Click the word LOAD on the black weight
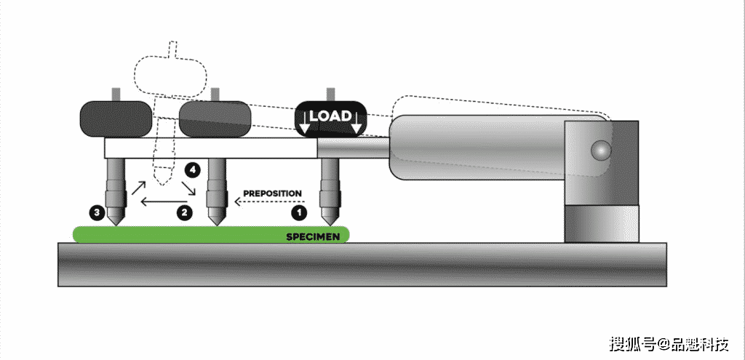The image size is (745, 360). click(x=331, y=116)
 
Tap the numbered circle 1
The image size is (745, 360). click(x=299, y=212)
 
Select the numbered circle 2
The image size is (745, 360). click(x=184, y=212)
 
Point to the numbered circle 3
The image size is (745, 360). click(x=97, y=212)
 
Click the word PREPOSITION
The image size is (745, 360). click(x=272, y=193)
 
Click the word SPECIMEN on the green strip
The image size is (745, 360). click(x=313, y=236)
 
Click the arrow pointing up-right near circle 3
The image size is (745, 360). click(x=138, y=187)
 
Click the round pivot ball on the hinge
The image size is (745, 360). click(x=600, y=150)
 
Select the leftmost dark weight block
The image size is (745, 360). click(x=116, y=119)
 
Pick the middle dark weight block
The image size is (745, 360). click(x=215, y=119)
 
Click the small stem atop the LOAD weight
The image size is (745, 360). click(x=331, y=94)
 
